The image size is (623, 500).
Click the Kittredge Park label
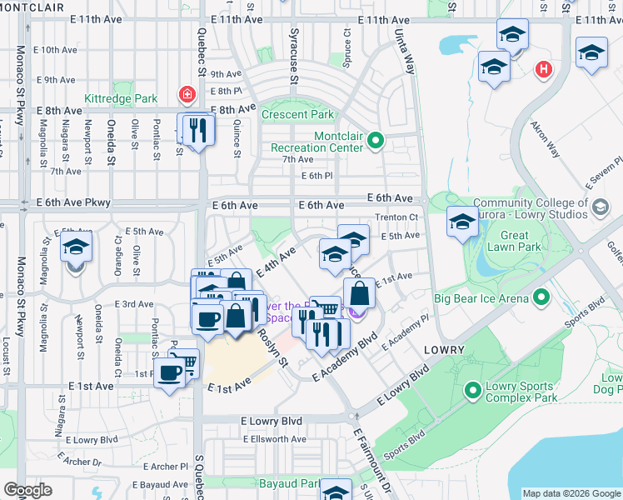[120, 98]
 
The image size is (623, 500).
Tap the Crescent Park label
[297, 114]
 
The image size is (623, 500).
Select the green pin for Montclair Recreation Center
[375, 141]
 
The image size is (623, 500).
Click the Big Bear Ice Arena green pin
[541, 297]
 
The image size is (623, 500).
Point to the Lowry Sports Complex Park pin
[473, 389]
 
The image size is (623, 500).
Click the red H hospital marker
[544, 68]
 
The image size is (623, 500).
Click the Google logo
[27, 490]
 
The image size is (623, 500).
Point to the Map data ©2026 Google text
[571, 493]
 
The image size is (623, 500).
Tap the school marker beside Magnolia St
[75, 248]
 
